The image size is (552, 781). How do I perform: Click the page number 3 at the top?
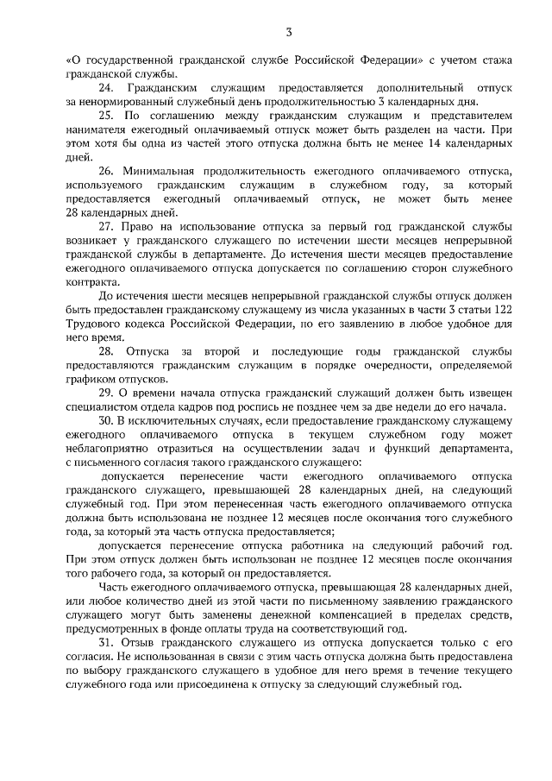click(290, 32)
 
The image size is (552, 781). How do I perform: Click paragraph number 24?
click(107, 88)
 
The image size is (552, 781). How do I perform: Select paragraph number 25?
click(107, 115)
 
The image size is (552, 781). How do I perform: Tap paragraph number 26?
click(107, 172)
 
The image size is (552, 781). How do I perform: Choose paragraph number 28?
click(107, 350)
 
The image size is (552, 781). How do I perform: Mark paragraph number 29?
click(107, 393)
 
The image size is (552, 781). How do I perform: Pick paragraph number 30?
click(107, 420)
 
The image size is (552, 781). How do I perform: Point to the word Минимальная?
click(161, 172)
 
